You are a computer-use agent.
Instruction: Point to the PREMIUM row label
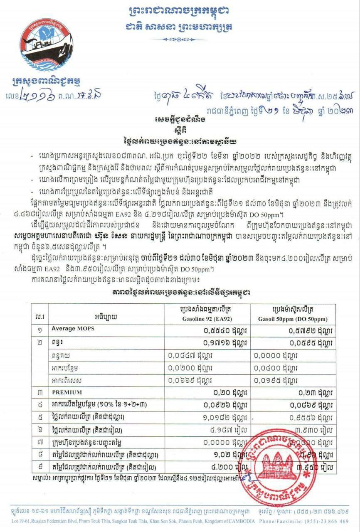[67, 392]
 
